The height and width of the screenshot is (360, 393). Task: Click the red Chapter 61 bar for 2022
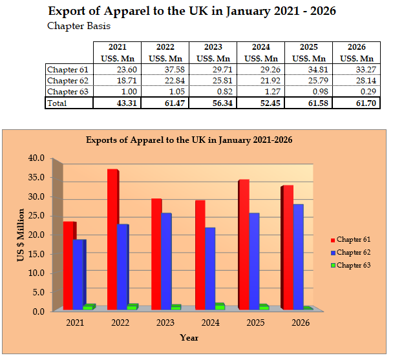(112, 239)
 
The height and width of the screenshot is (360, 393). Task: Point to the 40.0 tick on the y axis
(36, 158)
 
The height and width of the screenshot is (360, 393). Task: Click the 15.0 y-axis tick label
(36, 253)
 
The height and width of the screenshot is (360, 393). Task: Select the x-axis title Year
(189, 337)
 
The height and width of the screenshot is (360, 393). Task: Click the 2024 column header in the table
(261, 47)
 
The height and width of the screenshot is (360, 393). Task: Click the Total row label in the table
(58, 102)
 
